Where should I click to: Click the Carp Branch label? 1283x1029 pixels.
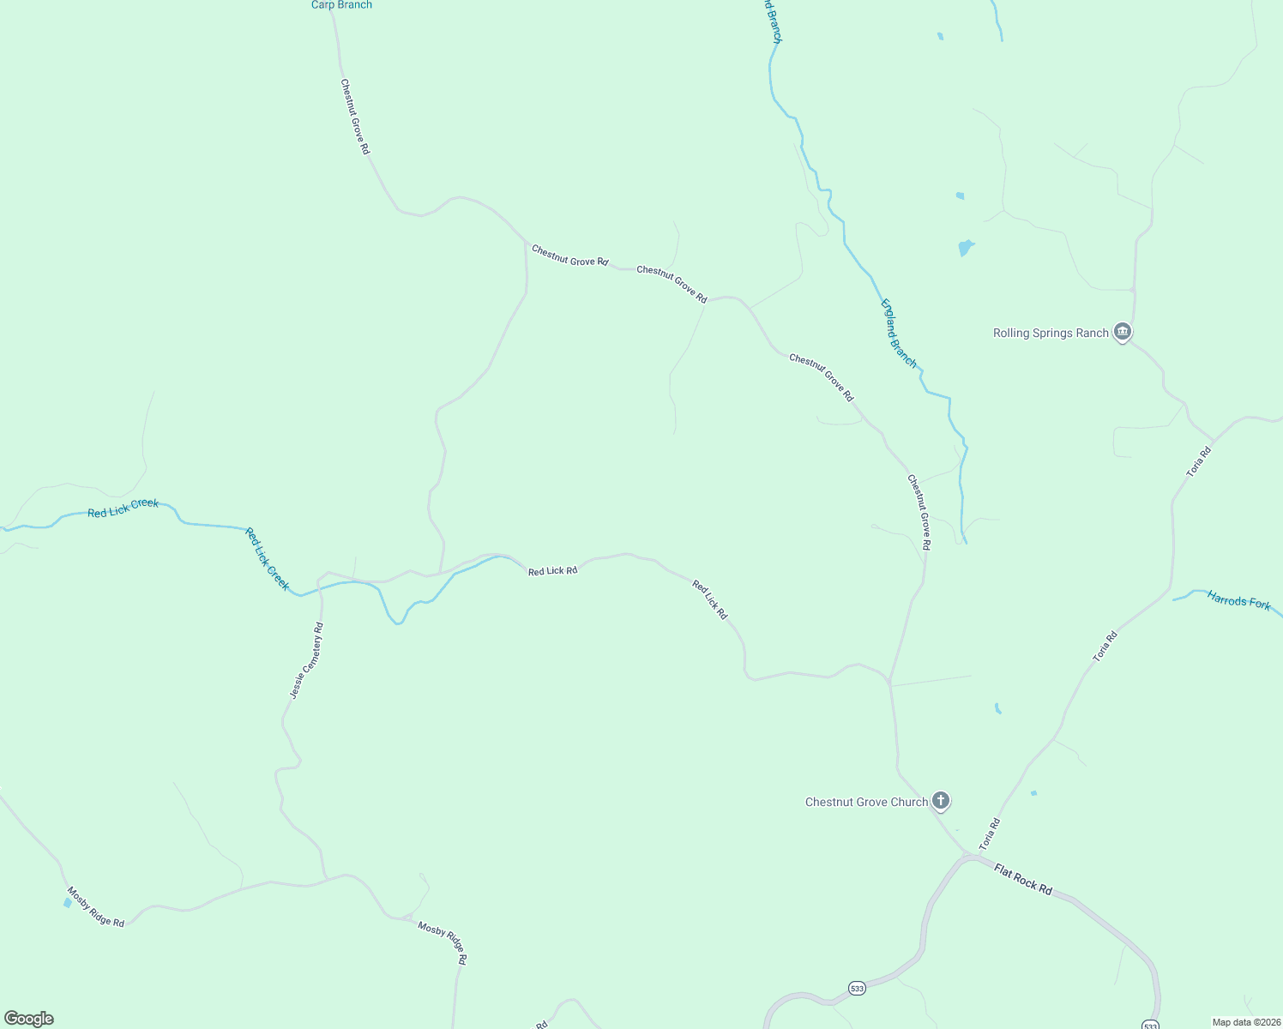coord(341,5)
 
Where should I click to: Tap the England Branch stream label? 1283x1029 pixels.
coord(899,334)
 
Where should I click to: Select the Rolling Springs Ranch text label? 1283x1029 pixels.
coord(1051,333)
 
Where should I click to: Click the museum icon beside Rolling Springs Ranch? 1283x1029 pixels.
coord(1123,332)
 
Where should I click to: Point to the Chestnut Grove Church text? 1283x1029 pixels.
coord(866,802)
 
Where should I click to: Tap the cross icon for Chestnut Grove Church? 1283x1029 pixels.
coord(941,801)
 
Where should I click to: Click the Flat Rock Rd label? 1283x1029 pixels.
coord(1023,880)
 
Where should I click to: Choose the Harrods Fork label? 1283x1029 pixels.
coord(1238,600)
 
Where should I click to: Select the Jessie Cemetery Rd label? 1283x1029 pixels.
coord(306,660)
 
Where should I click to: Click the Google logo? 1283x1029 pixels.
coord(29,1019)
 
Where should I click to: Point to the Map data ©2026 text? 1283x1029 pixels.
coord(1245,1022)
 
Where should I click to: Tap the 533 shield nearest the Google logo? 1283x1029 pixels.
coord(857,989)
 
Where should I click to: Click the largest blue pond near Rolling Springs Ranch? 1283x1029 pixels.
coord(966,248)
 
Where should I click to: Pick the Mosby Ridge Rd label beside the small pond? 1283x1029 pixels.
coord(96,907)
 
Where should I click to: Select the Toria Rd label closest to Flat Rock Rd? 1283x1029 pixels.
coord(990,834)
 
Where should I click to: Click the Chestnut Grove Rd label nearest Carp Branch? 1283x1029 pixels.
coord(355,117)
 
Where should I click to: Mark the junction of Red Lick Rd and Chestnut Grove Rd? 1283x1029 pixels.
coord(890,683)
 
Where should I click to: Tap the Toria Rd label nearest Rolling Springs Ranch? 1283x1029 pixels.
coord(1199,461)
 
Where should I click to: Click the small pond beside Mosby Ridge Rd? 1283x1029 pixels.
coord(68,902)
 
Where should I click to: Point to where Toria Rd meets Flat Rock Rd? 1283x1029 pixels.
coord(969,855)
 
